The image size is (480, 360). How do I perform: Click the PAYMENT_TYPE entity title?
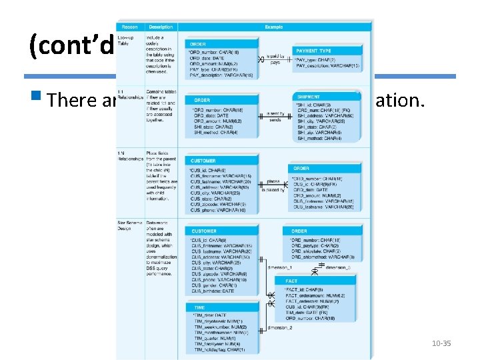click(x=313, y=51)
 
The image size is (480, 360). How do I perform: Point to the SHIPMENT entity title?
click(x=309, y=97)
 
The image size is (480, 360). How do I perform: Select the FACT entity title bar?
click(x=292, y=281)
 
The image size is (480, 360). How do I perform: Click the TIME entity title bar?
click(x=200, y=307)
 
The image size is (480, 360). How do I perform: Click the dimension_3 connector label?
click(x=337, y=267)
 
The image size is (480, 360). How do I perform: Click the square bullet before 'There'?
click(x=43, y=99)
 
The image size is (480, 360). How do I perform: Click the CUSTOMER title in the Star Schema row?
click(x=205, y=231)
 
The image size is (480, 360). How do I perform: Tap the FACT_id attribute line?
click(x=305, y=290)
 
